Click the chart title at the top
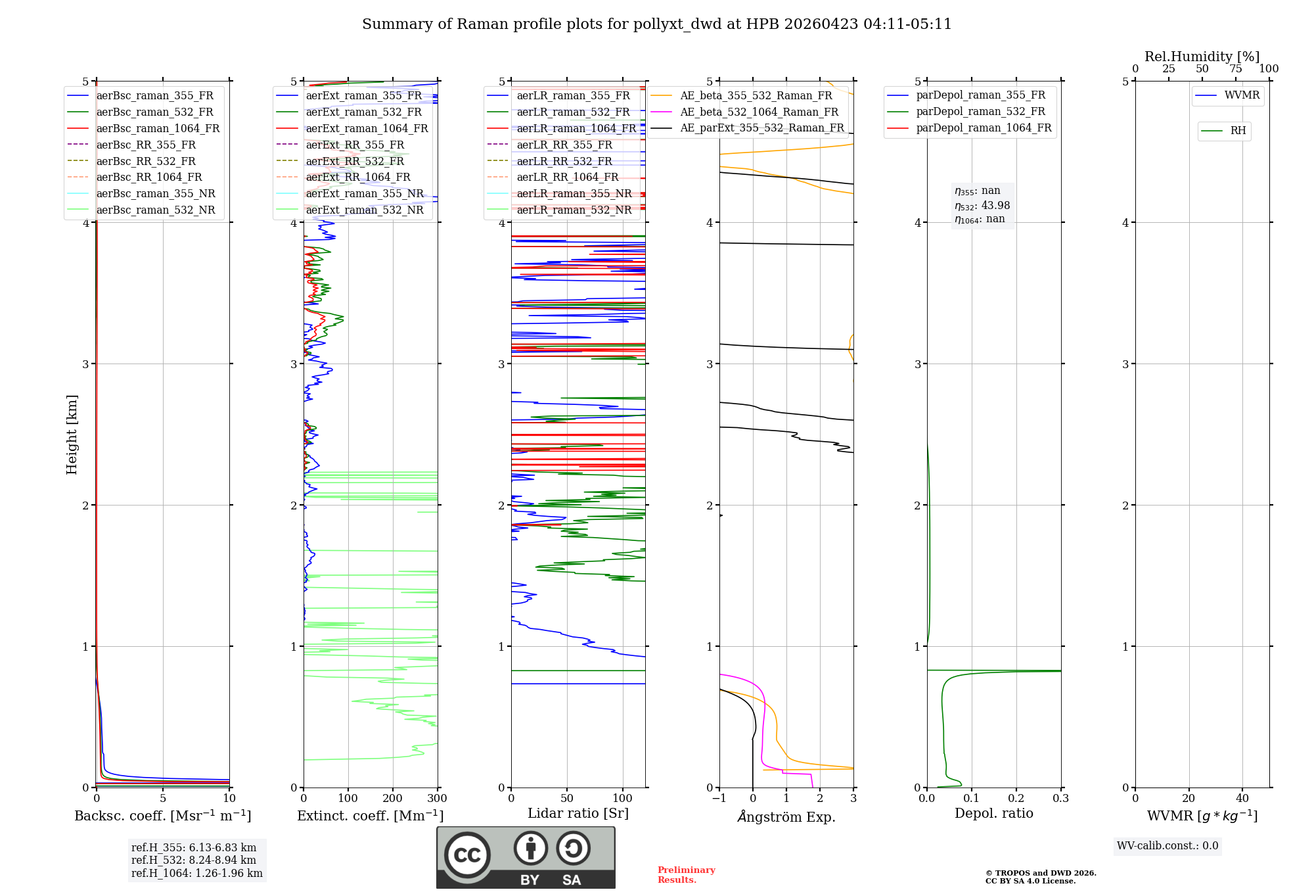point(656,24)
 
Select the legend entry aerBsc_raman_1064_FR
point(158,128)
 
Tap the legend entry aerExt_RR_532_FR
point(355,161)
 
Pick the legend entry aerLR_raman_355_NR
point(574,193)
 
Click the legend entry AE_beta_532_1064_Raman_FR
point(759,112)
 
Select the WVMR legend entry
point(1241,95)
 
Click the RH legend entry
point(1238,131)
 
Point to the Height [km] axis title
point(72,435)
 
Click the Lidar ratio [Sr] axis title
point(578,813)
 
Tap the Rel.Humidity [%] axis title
point(1202,57)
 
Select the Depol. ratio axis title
point(993,813)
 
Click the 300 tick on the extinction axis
point(438,799)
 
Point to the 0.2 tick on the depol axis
point(1016,799)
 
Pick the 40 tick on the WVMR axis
point(1242,799)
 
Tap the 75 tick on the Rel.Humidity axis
point(1235,69)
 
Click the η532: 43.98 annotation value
point(982,205)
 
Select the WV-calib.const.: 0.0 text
point(1167,846)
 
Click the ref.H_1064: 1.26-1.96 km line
point(196,873)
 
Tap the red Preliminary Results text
point(686,875)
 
